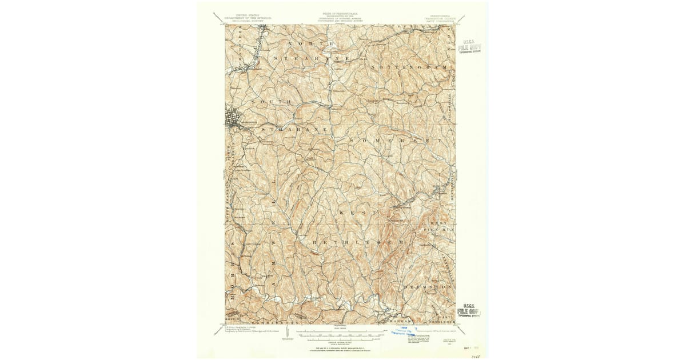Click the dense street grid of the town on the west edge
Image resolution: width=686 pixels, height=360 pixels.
(234, 119)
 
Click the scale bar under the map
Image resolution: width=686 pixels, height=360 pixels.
(337, 331)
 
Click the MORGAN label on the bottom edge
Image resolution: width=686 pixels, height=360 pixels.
(399, 321)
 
